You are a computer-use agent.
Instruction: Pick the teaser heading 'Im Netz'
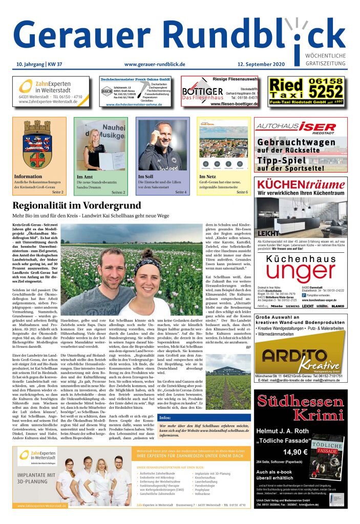coord(208,177)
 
